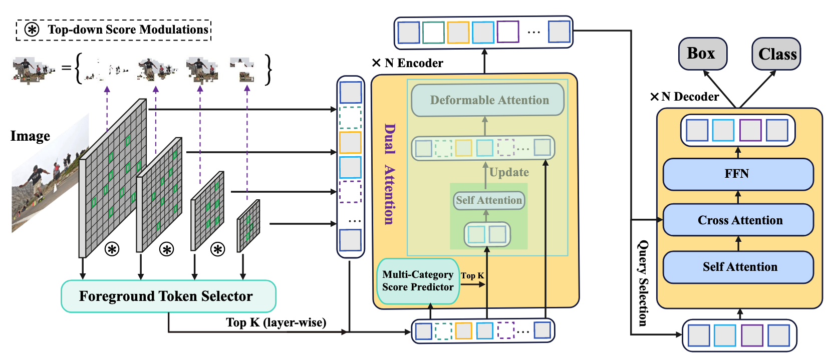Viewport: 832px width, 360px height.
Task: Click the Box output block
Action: coord(702,54)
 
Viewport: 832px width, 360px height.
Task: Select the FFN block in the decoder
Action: coord(737,174)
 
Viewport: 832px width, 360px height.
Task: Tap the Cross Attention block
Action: coord(739,220)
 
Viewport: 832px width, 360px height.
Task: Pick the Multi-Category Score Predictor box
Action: coord(418,281)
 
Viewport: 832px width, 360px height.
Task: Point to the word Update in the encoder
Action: coord(509,173)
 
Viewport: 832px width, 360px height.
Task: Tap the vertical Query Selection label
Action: coord(643,283)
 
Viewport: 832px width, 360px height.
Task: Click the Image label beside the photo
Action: coord(30,136)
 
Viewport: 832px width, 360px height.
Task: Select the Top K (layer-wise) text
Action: coord(276,322)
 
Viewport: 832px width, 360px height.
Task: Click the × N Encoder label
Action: coord(408,63)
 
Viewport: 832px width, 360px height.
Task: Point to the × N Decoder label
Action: coord(684,97)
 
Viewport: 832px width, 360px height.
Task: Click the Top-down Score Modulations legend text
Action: coord(128,30)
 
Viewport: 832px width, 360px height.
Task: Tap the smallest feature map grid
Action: coord(248,225)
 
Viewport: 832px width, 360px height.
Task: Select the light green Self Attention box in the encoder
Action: coord(488,200)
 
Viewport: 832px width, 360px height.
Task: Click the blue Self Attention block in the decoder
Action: coord(739,267)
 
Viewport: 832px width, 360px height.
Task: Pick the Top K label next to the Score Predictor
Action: coord(472,275)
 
